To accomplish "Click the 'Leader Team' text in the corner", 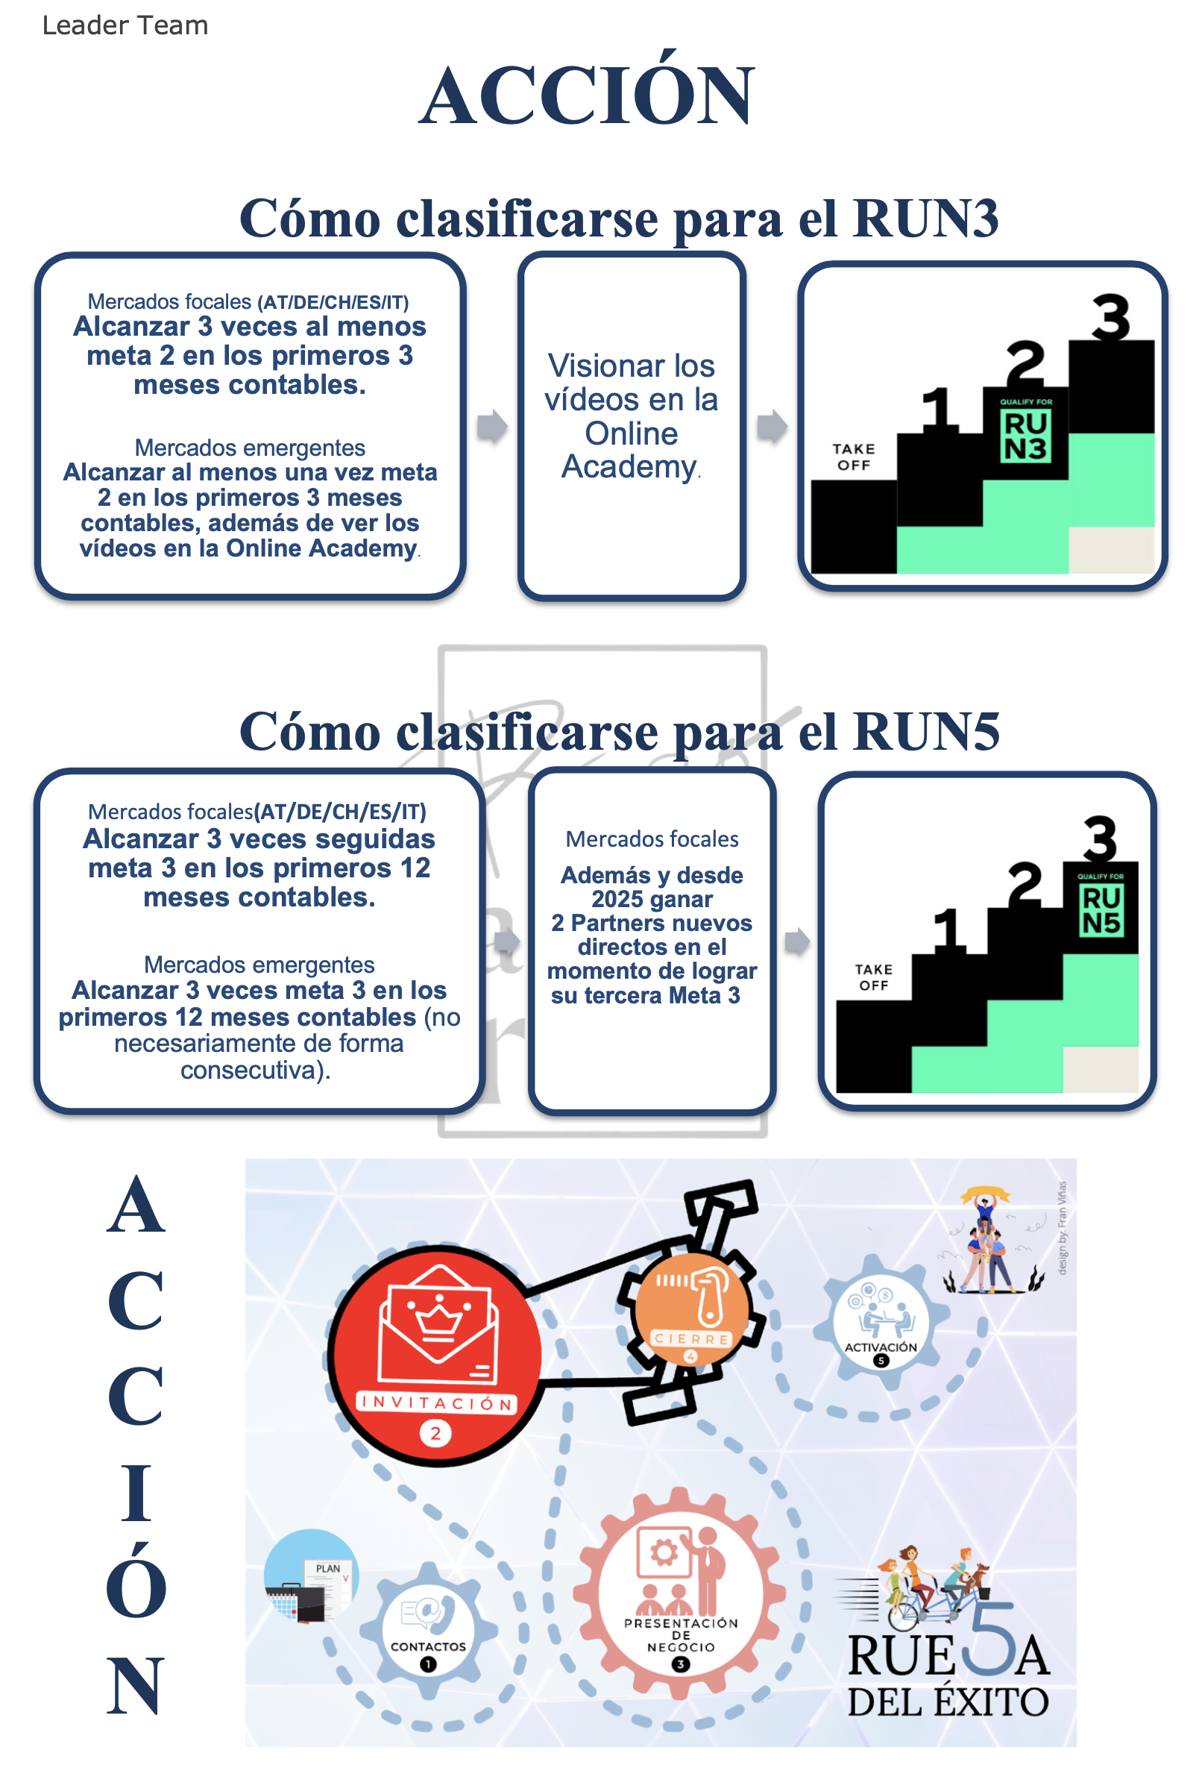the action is tap(125, 25).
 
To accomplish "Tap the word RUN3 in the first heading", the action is tap(925, 219).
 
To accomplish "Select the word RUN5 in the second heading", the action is tap(925, 732).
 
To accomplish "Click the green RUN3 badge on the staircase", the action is tap(1025, 435).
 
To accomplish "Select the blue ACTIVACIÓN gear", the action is tap(881, 1320).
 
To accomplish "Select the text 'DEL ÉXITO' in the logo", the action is tap(948, 1702).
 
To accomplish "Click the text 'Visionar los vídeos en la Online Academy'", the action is tap(632, 417).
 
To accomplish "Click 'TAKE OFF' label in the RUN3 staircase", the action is tap(854, 457).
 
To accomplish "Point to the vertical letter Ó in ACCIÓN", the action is tap(136, 1583).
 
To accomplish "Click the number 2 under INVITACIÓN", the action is tap(435, 1434).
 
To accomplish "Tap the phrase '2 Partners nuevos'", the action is tap(652, 923).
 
